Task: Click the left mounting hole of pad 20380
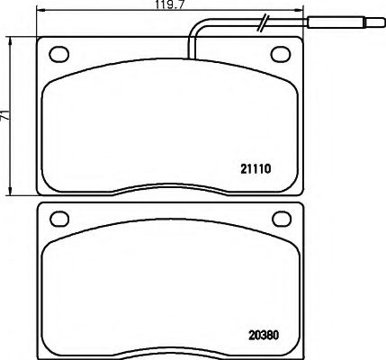pyautogui.click(x=60, y=217)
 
